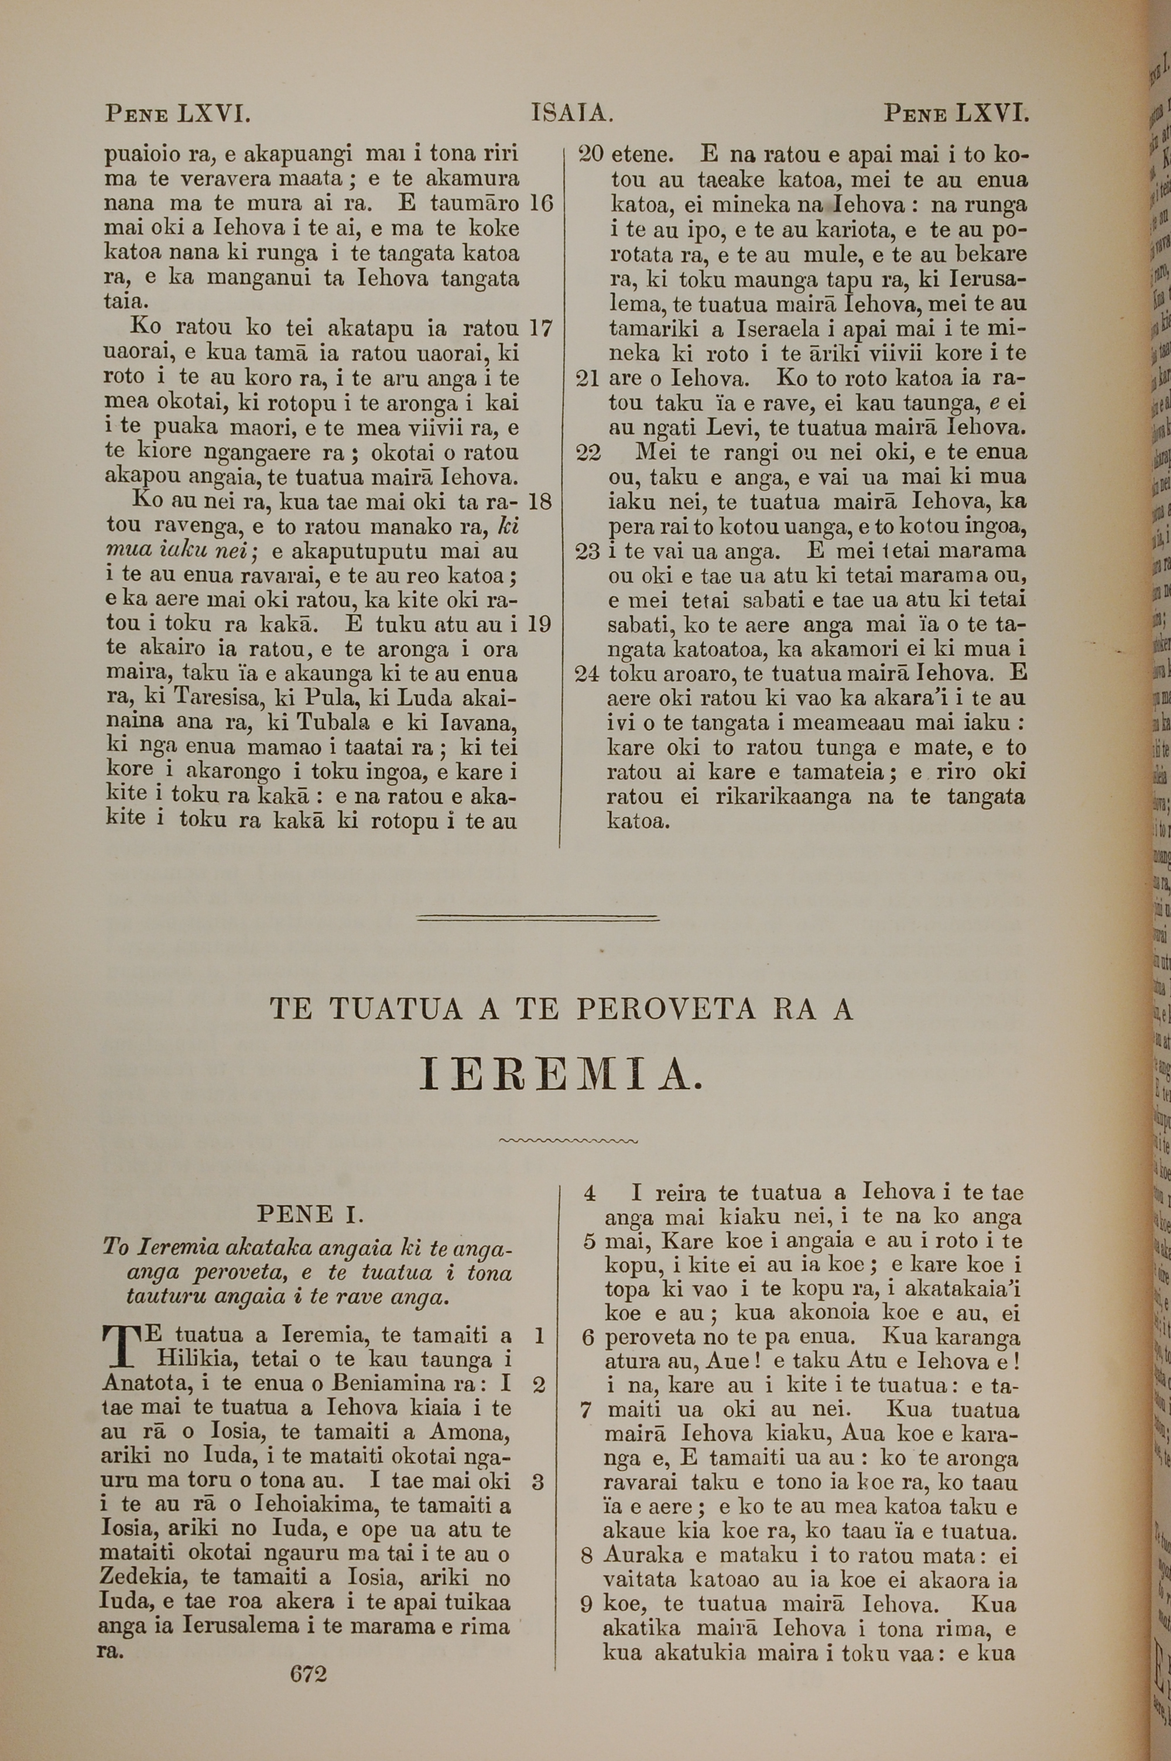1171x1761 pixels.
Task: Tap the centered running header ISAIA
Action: coord(572,114)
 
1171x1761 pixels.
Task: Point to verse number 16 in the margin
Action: coord(540,204)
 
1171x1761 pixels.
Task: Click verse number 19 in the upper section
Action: coord(539,624)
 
